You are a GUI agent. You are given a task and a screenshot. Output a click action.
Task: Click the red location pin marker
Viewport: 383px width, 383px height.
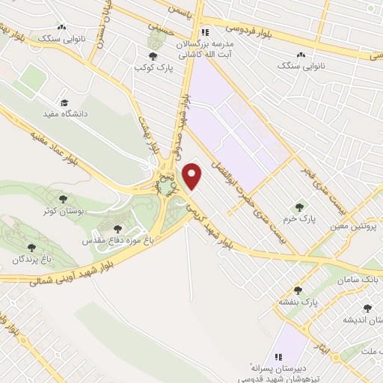[193, 177]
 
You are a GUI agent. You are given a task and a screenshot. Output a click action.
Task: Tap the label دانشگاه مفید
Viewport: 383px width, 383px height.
[68, 114]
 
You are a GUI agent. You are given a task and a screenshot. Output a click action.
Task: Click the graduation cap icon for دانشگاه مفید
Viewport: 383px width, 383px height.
[65, 102]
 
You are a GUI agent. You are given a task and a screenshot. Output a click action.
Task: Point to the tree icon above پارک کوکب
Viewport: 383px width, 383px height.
[153, 55]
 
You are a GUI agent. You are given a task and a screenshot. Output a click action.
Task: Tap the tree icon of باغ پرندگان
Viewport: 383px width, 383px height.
[31, 247]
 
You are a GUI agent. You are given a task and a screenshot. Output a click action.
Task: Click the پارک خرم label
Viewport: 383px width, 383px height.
[300, 218]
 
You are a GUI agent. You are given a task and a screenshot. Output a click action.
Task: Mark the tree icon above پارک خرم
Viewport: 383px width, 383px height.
[301, 206]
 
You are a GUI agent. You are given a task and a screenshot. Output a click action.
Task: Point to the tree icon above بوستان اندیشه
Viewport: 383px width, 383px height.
[367, 307]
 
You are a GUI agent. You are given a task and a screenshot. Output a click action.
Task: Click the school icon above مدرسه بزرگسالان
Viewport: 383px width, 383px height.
[205, 32]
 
